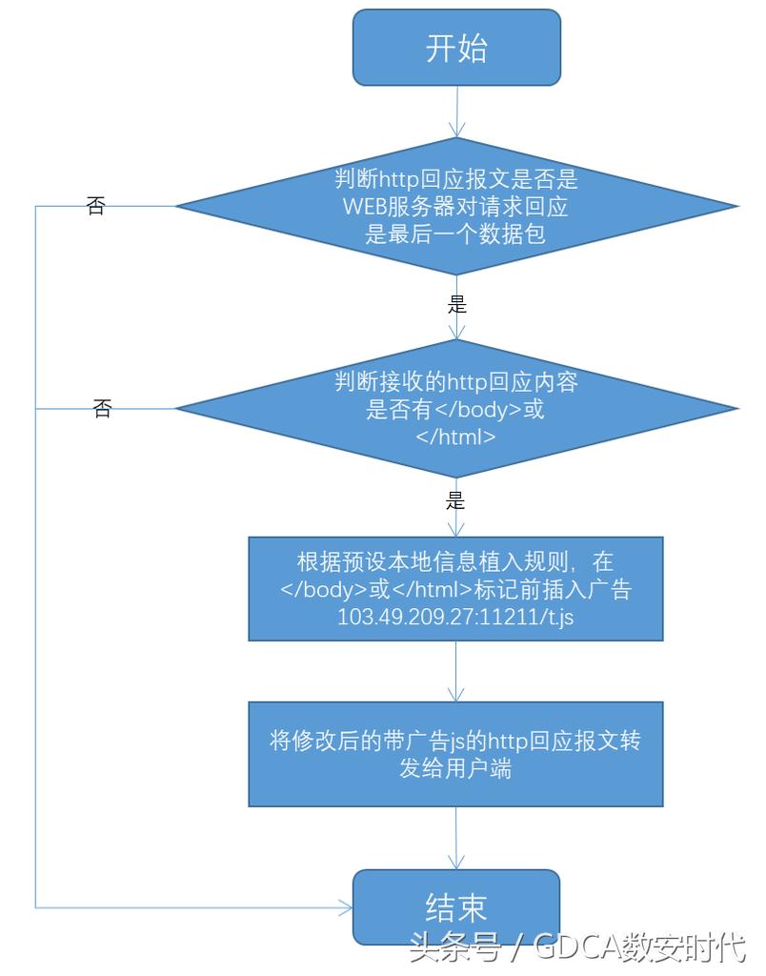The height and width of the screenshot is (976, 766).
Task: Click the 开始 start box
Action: coord(456,49)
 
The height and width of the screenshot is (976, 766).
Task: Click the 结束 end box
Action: coord(456,906)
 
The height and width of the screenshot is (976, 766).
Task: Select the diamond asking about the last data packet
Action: coord(456,206)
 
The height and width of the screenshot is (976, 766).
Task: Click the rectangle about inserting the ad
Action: coord(456,588)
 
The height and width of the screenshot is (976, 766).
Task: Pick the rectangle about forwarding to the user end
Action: coord(456,754)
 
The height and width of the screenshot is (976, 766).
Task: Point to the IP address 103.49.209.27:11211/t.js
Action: coord(455,616)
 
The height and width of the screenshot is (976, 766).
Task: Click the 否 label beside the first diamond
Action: coord(95,207)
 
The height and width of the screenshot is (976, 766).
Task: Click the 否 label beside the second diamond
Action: coord(102,410)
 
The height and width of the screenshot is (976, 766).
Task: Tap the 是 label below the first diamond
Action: coord(457,306)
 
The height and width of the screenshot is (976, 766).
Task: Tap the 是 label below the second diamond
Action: coord(456,501)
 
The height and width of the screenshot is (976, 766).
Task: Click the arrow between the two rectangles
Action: coord(457,671)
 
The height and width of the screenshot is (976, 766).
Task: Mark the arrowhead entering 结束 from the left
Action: coord(345,907)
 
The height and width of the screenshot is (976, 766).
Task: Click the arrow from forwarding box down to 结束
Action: coord(457,838)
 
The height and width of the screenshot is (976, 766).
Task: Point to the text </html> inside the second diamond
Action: coord(455,437)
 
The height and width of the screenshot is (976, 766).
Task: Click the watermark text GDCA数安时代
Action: coord(638,947)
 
